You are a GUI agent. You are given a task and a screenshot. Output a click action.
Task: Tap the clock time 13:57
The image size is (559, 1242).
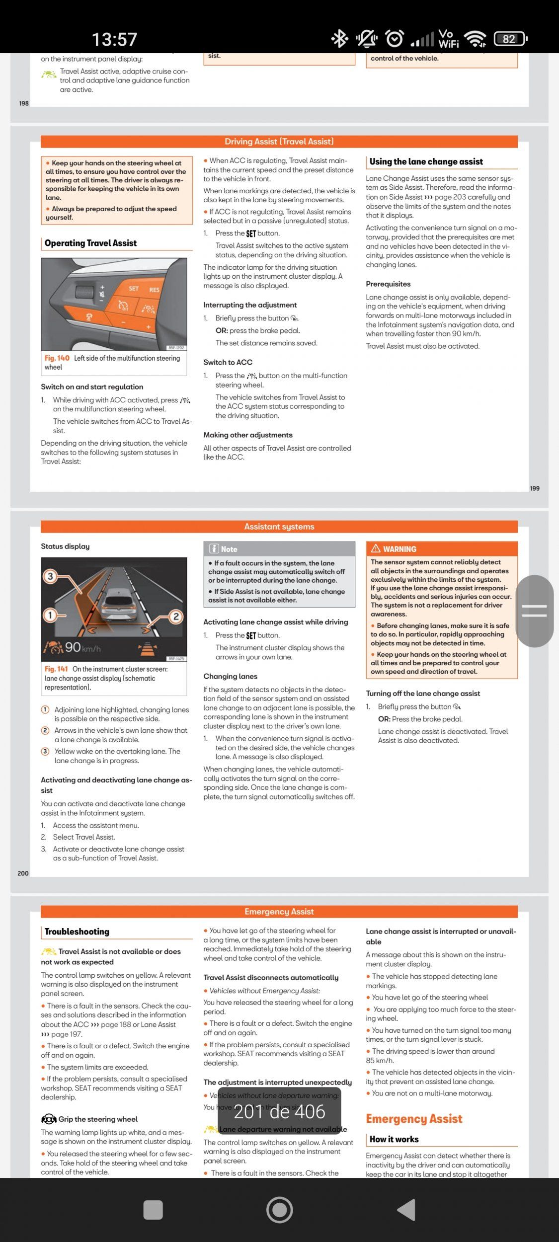tap(114, 39)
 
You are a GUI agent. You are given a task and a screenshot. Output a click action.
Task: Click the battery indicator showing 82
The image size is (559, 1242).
tap(510, 39)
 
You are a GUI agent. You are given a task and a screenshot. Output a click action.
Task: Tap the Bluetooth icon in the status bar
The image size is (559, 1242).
tap(340, 38)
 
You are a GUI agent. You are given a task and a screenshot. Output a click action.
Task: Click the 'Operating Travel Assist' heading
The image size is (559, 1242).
tap(90, 243)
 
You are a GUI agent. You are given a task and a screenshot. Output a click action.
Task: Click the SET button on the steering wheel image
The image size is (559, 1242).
tap(134, 288)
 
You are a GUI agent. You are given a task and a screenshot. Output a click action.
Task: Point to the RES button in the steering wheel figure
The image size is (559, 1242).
tap(154, 290)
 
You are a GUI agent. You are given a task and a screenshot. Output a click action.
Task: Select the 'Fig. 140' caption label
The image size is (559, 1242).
tap(57, 358)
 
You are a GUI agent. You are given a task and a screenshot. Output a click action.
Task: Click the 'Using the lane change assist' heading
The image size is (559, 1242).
tap(426, 161)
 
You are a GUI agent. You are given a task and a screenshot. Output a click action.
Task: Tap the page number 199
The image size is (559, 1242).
tap(534, 488)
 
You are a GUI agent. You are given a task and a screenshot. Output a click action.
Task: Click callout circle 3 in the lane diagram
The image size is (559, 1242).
tap(50, 576)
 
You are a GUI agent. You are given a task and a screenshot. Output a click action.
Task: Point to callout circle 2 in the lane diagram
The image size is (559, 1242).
tap(175, 617)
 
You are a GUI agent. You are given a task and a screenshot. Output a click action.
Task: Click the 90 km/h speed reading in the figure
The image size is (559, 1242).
tap(82, 647)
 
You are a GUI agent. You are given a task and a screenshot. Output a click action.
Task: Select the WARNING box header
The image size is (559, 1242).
tap(441, 548)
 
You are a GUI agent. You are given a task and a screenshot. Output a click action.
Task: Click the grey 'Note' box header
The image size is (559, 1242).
tap(279, 549)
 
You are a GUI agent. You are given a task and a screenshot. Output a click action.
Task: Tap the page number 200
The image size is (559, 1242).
tap(23, 873)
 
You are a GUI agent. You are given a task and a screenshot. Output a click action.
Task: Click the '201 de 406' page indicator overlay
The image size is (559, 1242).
tap(279, 1112)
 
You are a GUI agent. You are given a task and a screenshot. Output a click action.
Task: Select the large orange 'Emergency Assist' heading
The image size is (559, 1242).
tap(414, 1119)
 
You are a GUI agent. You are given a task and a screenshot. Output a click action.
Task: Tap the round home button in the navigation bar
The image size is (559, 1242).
tap(279, 1209)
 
